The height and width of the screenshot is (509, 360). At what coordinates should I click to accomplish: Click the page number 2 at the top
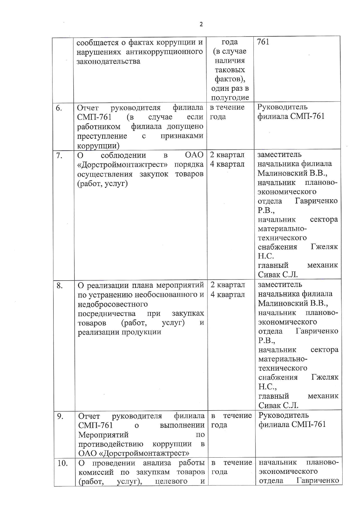click(201, 24)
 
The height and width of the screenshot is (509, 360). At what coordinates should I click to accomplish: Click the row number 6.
click(59, 108)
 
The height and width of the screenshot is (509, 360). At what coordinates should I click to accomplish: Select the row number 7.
click(59, 156)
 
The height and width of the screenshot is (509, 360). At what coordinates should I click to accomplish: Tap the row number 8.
click(60, 286)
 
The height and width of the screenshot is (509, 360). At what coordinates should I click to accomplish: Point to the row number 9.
click(60, 416)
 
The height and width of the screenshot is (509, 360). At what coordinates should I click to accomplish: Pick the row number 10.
click(62, 463)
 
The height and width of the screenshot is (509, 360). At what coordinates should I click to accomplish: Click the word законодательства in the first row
click(108, 61)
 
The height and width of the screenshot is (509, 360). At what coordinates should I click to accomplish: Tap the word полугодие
click(230, 98)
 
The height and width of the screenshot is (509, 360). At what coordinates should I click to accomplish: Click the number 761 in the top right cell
click(263, 42)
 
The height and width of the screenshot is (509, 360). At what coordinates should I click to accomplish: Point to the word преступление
click(102, 136)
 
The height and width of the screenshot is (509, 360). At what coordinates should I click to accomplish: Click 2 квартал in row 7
click(227, 155)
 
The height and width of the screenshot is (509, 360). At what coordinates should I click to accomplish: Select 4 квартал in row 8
click(228, 295)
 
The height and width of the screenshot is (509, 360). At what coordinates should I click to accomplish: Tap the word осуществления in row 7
click(105, 174)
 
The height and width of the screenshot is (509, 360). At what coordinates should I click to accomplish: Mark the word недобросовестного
click(113, 304)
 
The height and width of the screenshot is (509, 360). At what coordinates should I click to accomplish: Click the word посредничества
click(107, 314)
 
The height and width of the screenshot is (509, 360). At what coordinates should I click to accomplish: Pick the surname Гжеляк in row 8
click(325, 377)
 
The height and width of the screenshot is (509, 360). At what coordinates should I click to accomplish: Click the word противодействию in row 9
click(111, 444)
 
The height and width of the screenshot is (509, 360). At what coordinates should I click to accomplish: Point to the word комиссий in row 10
click(97, 472)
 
